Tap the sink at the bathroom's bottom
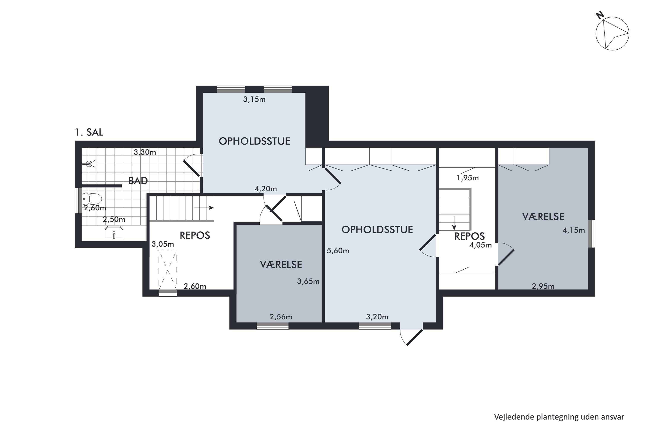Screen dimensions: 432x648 click(x=114, y=233)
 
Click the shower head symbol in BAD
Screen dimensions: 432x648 click(x=89, y=164)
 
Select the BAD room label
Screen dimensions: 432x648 click(x=138, y=181)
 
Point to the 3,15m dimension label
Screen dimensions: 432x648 click(x=254, y=99)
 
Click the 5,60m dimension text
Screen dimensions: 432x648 click(x=338, y=251)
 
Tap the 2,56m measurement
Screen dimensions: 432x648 click(x=281, y=317)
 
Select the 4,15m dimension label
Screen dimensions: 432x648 click(x=574, y=230)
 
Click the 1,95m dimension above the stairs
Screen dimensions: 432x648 click(x=468, y=178)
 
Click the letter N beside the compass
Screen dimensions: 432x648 click(x=600, y=15)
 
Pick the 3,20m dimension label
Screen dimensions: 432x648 click(x=377, y=317)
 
